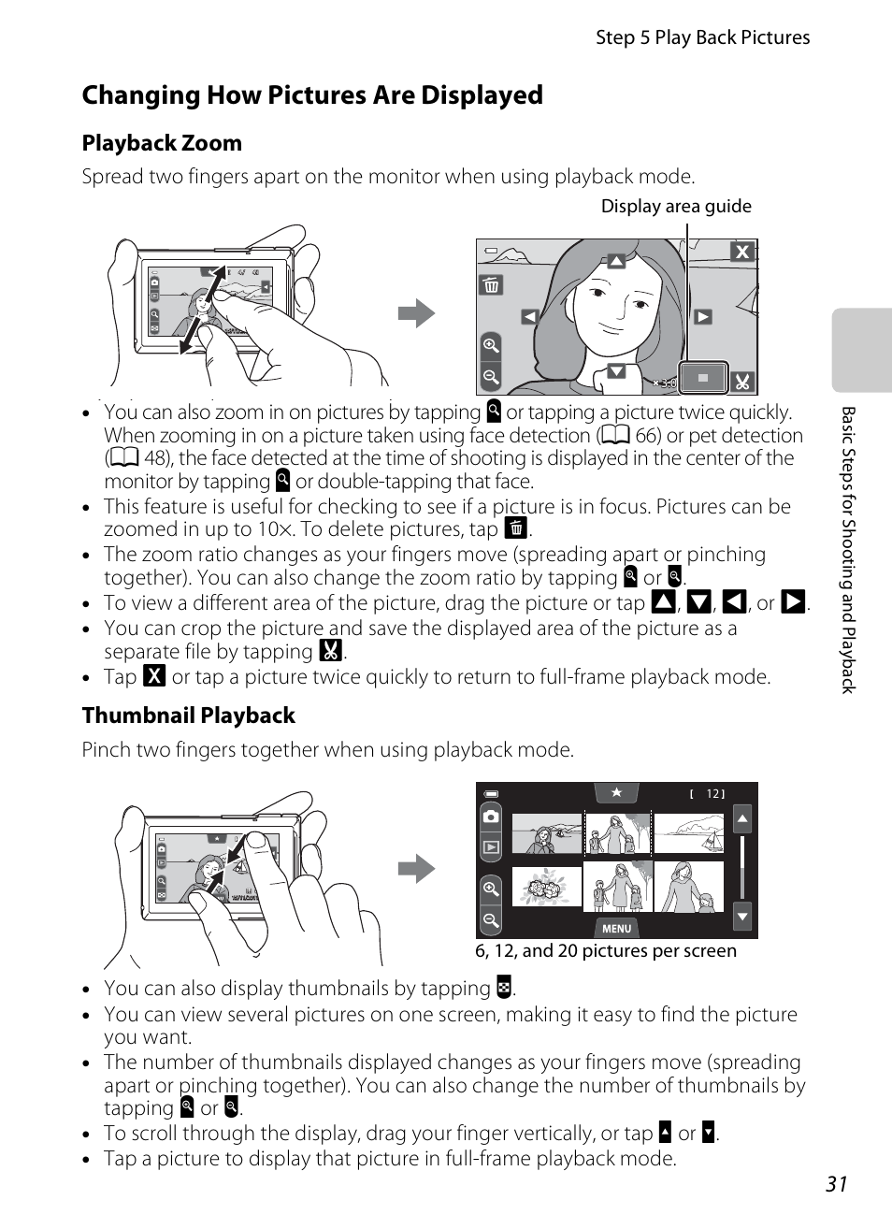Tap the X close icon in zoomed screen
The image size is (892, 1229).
742,252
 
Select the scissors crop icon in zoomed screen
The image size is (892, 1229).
742,382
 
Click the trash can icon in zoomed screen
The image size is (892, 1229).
491,285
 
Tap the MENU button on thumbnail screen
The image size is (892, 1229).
616,929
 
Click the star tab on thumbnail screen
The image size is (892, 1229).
616,793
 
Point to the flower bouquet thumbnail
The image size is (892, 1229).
546,887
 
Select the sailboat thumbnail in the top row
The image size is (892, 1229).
689,833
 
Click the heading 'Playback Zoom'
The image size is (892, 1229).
162,143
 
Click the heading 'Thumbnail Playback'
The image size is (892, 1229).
189,716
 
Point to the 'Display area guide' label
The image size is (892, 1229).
676,207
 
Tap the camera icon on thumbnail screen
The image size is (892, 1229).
491,817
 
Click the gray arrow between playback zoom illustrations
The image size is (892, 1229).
416,313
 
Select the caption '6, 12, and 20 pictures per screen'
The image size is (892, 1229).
606,951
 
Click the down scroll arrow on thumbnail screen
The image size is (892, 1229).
742,917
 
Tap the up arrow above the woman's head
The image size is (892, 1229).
616,261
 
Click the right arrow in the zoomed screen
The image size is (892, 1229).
703,317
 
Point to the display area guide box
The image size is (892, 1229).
703,378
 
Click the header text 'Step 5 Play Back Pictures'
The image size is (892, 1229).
703,37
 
